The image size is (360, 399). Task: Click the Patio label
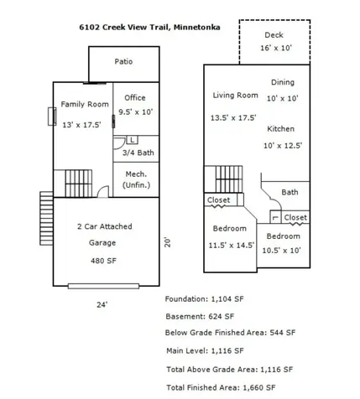[123, 61]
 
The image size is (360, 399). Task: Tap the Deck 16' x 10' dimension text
[276, 48]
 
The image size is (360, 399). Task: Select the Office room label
[135, 98]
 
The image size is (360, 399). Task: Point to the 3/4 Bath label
[138, 153]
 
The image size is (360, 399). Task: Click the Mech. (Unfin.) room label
[136, 179]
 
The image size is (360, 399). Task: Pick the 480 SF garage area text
[103, 261]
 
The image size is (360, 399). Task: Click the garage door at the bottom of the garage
[103, 286]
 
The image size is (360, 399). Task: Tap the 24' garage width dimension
[102, 305]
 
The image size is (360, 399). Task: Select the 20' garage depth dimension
[167, 242]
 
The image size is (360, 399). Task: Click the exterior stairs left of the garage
[46, 218]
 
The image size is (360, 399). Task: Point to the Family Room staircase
[79, 184]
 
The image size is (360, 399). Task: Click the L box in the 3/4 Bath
[132, 140]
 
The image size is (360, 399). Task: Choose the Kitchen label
[281, 129]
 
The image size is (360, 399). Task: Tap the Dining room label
[283, 82]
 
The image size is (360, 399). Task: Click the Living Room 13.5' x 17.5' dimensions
[233, 117]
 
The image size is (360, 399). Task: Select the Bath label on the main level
[290, 192]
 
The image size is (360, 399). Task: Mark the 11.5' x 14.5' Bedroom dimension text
[232, 246]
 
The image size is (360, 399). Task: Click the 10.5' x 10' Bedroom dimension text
[281, 251]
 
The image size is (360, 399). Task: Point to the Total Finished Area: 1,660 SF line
[221, 388]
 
